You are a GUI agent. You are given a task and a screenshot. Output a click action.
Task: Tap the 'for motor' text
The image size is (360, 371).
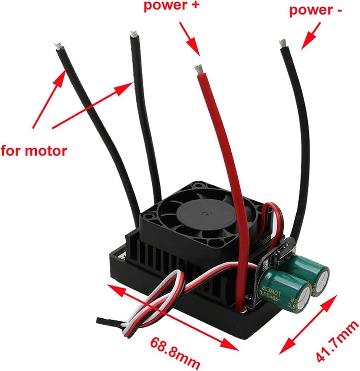tap(34, 151)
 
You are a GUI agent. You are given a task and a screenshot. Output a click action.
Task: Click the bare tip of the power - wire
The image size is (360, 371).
tap(283, 44)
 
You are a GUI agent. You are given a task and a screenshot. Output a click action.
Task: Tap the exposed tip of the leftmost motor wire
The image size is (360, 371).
tap(58, 46)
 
